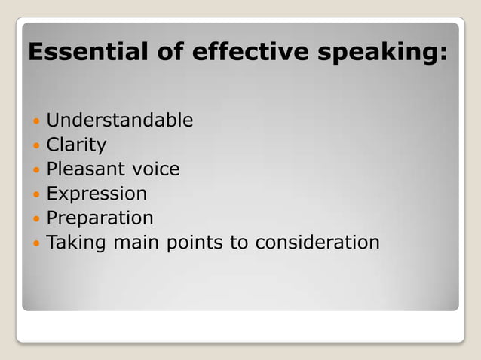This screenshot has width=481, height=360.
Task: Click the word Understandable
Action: point(120,121)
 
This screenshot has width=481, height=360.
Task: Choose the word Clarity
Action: point(77,145)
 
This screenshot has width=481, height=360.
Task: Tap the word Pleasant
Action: point(89,169)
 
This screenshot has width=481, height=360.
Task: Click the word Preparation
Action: point(100,218)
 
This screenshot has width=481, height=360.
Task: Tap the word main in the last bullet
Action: point(126,243)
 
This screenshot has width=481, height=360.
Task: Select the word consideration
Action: point(317,243)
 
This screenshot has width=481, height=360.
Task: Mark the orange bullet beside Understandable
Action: point(35,121)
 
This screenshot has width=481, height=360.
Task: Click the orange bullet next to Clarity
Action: point(35,145)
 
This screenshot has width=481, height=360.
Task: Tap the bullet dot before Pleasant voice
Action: point(35,170)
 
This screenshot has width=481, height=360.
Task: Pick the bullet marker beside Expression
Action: point(35,194)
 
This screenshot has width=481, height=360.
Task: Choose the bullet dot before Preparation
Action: point(35,219)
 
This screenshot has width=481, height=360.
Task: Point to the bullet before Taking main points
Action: point(35,243)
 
